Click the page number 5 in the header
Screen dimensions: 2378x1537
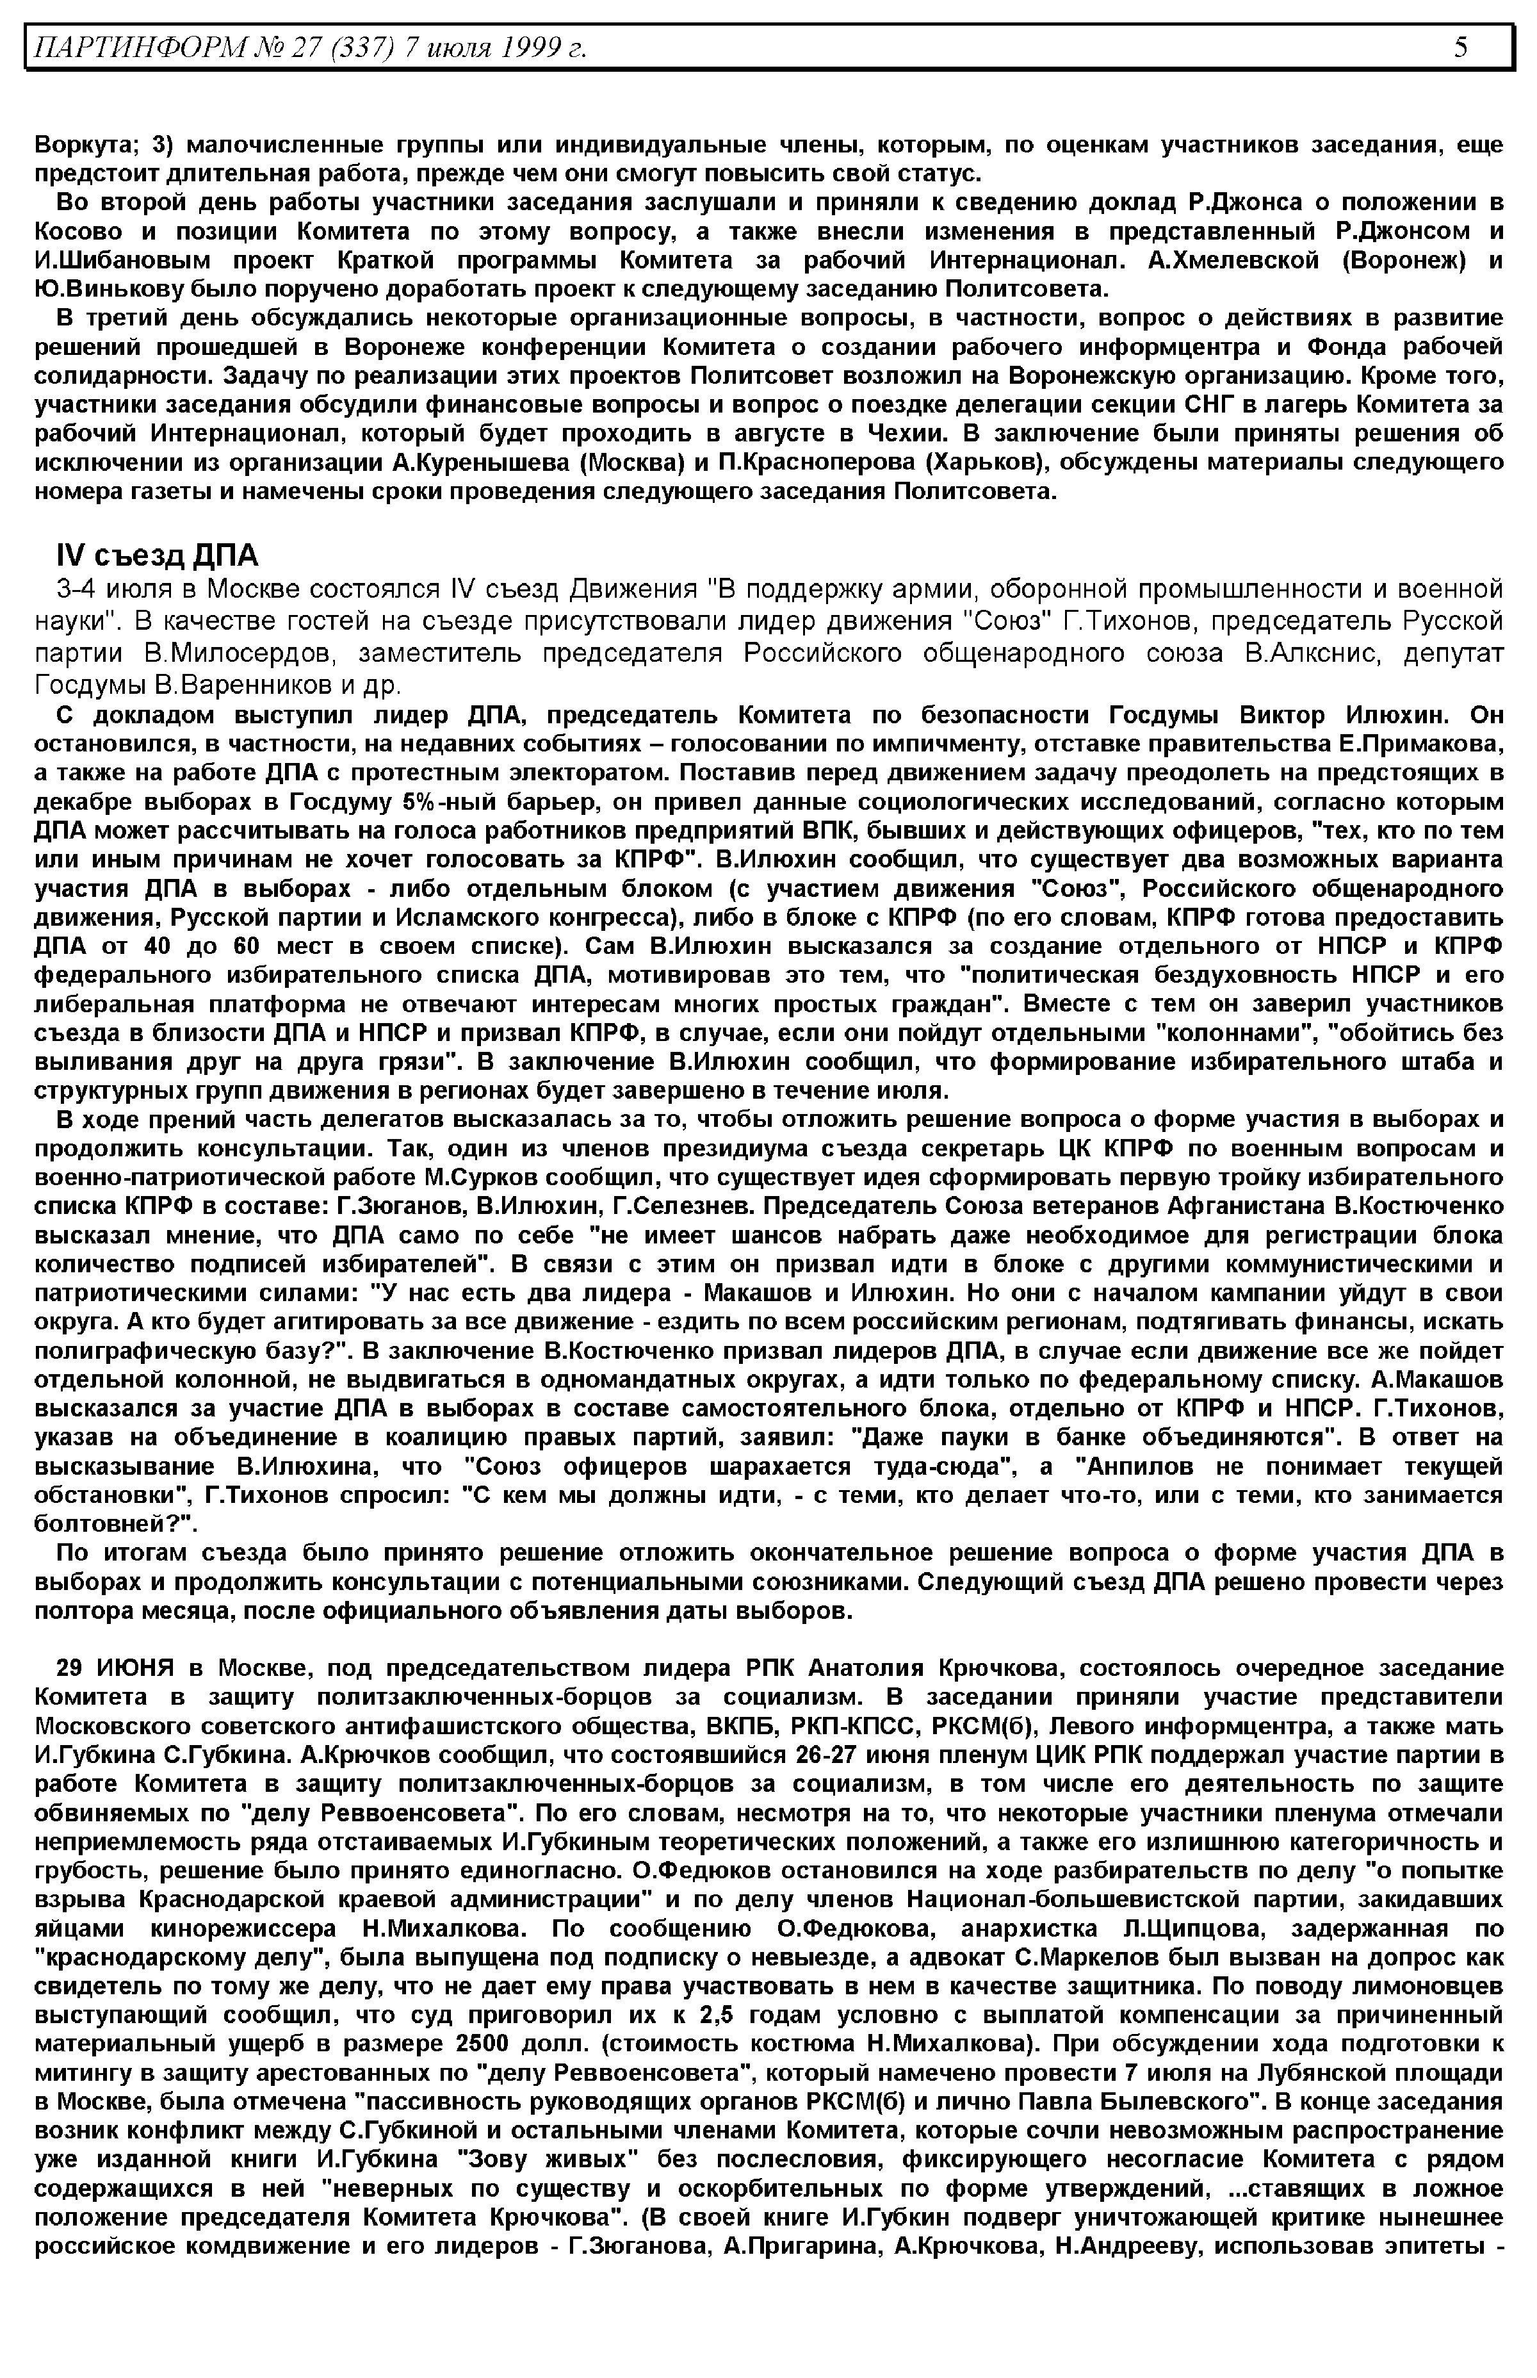1460,47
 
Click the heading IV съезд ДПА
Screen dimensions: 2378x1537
157,555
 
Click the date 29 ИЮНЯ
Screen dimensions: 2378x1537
115,1667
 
